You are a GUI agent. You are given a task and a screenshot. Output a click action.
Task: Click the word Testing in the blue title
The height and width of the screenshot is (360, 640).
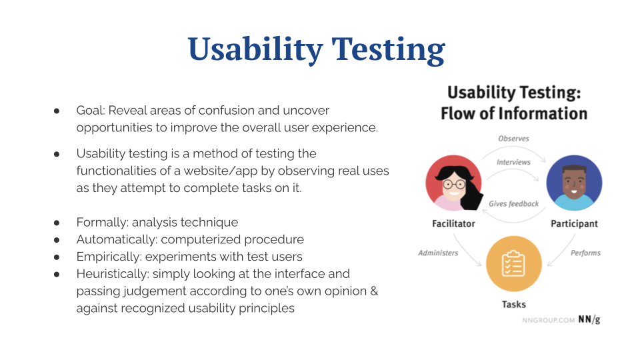click(388, 50)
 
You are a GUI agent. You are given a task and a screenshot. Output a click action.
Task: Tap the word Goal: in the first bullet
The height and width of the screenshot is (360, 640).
click(91, 111)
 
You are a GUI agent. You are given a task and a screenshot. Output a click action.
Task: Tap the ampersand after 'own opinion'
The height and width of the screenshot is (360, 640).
click(374, 291)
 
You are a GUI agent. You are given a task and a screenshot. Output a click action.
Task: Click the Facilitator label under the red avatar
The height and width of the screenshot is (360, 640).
click(453, 224)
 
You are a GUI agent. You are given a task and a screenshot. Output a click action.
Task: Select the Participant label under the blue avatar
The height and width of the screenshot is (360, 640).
click(574, 224)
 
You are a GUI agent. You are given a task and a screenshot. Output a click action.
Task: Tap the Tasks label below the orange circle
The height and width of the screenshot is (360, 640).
click(514, 305)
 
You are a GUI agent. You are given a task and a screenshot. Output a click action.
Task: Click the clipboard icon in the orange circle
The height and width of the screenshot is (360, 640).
click(513, 264)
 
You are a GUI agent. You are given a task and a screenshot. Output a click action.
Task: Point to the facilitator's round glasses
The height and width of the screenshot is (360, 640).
click(454, 184)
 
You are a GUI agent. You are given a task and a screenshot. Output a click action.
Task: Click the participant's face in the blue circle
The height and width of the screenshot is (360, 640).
click(574, 183)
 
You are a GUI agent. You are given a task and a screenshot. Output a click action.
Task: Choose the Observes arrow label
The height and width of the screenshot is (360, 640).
click(513, 139)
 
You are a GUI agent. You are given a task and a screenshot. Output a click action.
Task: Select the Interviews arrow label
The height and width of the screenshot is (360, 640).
click(513, 163)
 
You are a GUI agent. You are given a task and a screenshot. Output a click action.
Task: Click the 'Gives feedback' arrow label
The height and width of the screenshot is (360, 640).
click(514, 204)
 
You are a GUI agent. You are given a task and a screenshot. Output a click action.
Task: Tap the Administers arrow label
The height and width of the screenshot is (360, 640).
click(438, 253)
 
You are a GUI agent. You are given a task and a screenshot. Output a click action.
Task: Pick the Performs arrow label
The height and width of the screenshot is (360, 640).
click(585, 253)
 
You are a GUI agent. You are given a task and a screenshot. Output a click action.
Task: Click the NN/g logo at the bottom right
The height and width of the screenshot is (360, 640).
click(589, 319)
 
